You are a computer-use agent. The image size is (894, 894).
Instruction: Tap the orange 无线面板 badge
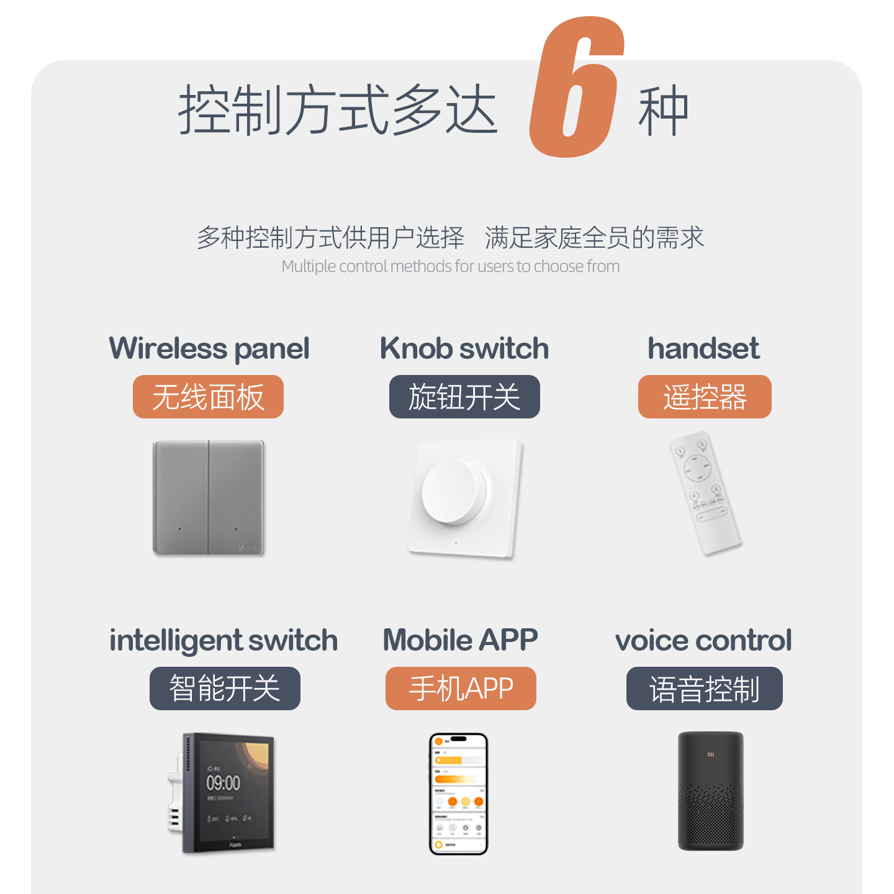(x=208, y=397)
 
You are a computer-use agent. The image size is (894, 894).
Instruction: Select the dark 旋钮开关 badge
(x=464, y=397)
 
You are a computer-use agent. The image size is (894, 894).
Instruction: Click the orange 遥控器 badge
(x=705, y=397)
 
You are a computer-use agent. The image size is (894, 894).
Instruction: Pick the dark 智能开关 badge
(x=225, y=689)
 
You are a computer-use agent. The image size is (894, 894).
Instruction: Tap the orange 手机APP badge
(x=461, y=689)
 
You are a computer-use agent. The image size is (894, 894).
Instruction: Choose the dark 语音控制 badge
(x=705, y=689)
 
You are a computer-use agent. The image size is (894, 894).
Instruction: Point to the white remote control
(x=705, y=494)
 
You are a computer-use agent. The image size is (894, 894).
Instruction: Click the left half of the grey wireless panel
(x=181, y=497)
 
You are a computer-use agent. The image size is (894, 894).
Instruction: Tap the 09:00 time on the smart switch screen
(x=223, y=782)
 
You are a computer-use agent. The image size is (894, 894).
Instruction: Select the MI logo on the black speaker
(x=711, y=754)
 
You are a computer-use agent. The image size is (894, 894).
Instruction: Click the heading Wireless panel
(x=209, y=348)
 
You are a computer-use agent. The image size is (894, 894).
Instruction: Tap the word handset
(x=703, y=348)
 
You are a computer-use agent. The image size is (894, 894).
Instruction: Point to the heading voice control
(x=703, y=640)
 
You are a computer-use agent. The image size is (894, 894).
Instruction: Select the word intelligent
(x=176, y=641)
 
